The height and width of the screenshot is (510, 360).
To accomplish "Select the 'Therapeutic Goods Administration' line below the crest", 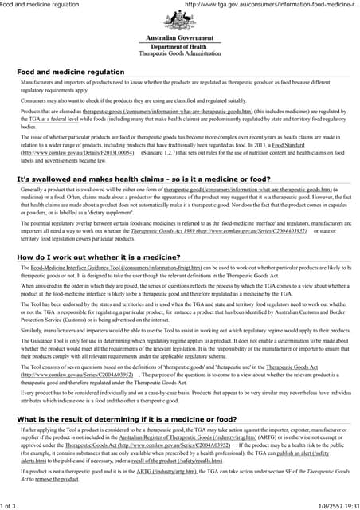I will coord(179,53).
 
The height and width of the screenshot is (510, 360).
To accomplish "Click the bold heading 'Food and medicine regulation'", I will coord(71,72).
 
